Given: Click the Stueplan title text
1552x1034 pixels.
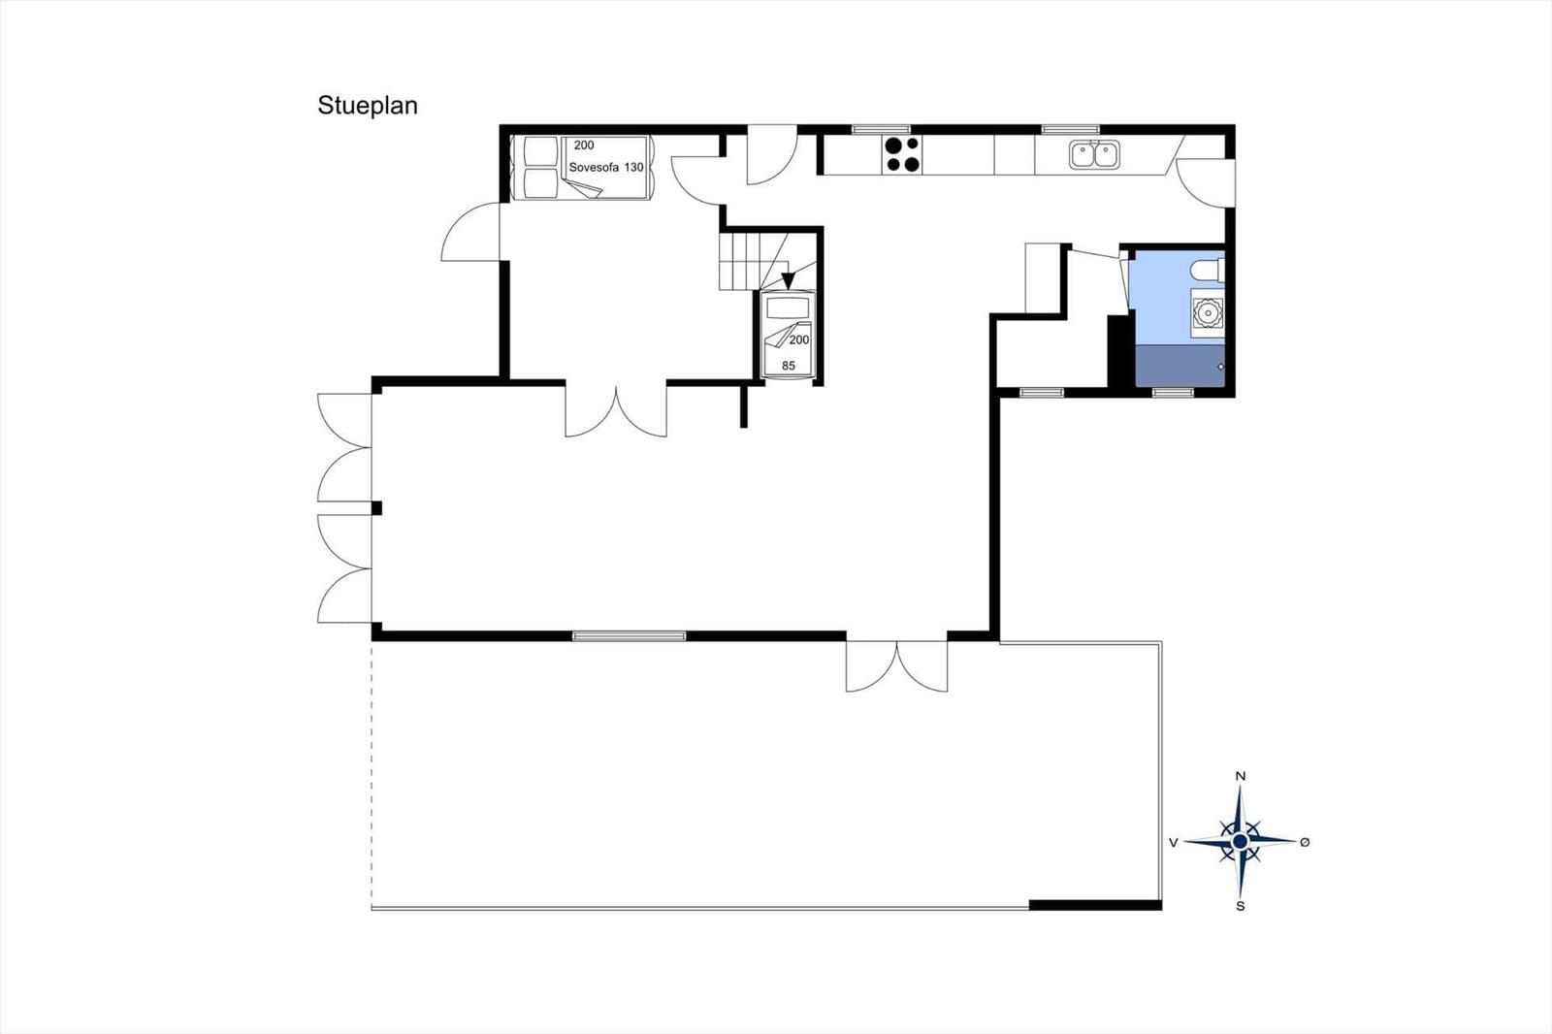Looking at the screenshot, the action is (x=368, y=106).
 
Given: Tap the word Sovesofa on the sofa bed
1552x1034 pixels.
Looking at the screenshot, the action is (x=594, y=168).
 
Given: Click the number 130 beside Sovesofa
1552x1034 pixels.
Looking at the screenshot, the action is (x=633, y=168).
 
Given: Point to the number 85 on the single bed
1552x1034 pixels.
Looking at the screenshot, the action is (x=789, y=366).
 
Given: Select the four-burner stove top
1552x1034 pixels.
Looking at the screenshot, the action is (x=902, y=154).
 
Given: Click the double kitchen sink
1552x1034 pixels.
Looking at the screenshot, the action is (x=1094, y=154).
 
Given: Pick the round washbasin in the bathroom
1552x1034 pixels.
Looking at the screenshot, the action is (x=1208, y=313).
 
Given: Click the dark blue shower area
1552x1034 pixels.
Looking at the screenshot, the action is (x=1180, y=366).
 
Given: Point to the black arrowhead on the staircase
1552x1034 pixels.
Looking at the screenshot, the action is (x=787, y=280).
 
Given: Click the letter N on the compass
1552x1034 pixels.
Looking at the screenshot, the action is (x=1241, y=776).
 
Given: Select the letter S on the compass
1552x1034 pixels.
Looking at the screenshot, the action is (x=1241, y=906).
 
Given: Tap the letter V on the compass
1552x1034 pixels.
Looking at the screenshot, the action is (x=1173, y=843).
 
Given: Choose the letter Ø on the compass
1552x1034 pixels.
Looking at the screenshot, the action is (x=1306, y=842).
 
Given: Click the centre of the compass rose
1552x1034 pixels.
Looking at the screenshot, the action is (x=1241, y=841).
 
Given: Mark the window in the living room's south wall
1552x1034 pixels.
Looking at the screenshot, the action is (x=630, y=636).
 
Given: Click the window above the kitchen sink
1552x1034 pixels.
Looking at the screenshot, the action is (x=1071, y=130).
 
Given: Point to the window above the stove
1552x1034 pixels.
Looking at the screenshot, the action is (x=881, y=130).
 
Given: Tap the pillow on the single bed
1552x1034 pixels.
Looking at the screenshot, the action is (x=789, y=307).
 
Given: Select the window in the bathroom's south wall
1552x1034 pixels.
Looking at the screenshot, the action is (x=1173, y=393).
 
